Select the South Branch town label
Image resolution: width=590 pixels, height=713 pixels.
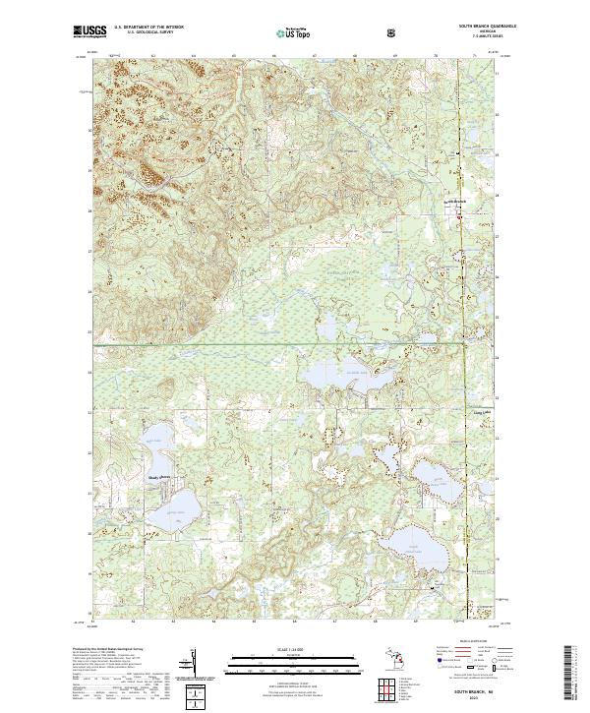[x=461, y=203]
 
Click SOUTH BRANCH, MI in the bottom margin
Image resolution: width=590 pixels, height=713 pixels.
[x=482, y=692]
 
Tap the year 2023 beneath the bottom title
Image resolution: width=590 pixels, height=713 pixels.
[x=482, y=699]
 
